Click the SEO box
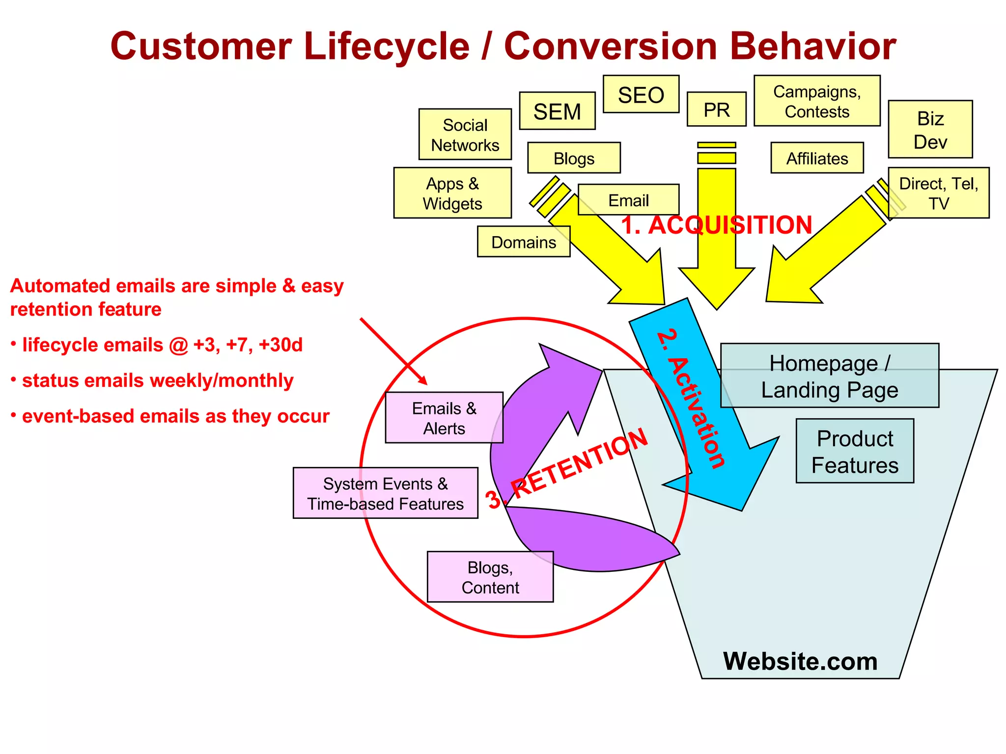(x=641, y=94)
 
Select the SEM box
(x=557, y=111)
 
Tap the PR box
(x=716, y=109)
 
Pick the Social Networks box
(x=465, y=135)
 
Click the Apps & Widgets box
(x=452, y=193)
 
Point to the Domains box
(x=523, y=242)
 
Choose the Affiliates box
(x=817, y=158)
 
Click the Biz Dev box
(x=930, y=130)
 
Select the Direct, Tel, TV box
(x=938, y=193)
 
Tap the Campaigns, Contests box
(x=816, y=101)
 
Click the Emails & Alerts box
(x=444, y=418)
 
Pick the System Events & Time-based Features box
(x=385, y=493)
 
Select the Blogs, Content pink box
(x=490, y=577)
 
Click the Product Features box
(x=854, y=451)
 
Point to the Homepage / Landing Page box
(x=829, y=376)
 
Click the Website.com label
(x=800, y=661)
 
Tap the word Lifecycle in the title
(x=387, y=47)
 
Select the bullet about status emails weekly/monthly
(x=157, y=381)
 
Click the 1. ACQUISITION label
(x=716, y=225)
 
